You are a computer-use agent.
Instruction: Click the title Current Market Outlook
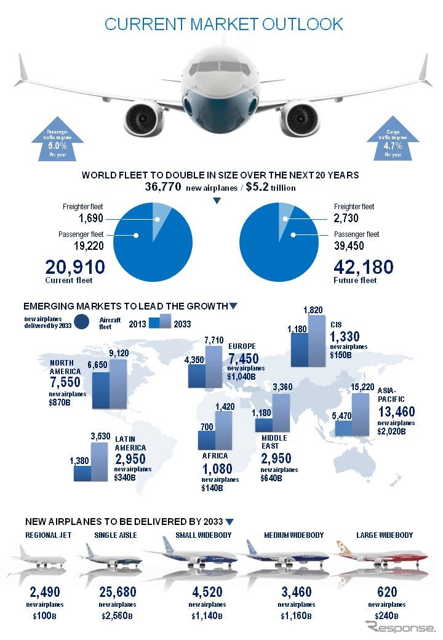point(223,24)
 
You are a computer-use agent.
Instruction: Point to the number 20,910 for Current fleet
point(75,268)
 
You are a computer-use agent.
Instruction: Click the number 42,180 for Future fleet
point(363,268)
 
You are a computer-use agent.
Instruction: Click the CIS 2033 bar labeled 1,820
point(316,341)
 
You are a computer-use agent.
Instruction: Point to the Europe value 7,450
point(242,359)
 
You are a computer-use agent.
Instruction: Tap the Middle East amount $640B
point(271,478)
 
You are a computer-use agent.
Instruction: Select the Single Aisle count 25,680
point(116,593)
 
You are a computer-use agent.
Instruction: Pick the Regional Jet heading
point(48,535)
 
